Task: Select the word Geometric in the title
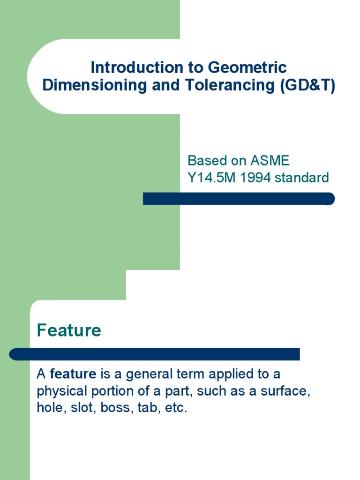[247, 67]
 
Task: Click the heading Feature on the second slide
[69, 330]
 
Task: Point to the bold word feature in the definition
[73, 374]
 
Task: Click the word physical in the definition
[60, 391]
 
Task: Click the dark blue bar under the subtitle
[239, 199]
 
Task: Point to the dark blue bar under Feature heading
[155, 354]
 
